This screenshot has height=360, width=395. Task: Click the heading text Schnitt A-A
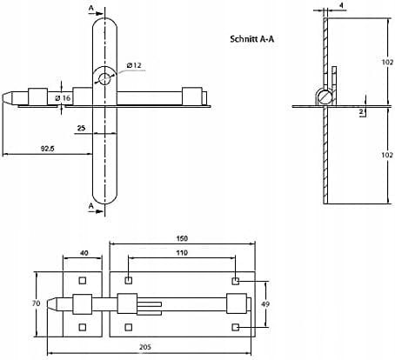pos(251,39)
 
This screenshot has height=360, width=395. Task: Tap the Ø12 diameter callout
pos(134,65)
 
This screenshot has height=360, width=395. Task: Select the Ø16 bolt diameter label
pos(64,98)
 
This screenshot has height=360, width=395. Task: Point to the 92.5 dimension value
pos(48,149)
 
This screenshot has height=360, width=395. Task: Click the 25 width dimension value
pos(81,128)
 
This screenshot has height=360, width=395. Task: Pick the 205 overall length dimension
pos(145,347)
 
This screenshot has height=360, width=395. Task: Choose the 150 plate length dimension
pos(182,238)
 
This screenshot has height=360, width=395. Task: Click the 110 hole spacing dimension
pos(182,253)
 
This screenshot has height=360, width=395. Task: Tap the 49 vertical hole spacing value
pos(265,304)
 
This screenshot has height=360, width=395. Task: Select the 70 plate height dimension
pos(36,303)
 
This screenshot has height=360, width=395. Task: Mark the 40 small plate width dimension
pos(84,253)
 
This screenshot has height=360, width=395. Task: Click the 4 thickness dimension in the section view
pos(341,5)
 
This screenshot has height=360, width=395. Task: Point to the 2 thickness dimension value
pos(361,112)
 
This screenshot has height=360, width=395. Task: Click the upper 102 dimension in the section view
pos(387,62)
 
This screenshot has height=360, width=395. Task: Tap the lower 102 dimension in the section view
pos(387,155)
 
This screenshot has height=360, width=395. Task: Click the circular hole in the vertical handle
pos(104,79)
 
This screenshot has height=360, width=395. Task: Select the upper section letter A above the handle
pos(91,8)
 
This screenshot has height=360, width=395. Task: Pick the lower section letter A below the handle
pos(91,206)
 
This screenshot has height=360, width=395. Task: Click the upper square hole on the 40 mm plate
pos(83,280)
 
